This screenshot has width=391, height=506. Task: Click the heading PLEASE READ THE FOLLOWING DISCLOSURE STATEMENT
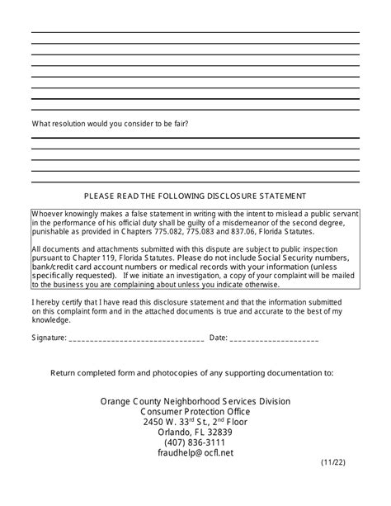195,196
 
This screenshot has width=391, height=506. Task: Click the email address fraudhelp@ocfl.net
195,452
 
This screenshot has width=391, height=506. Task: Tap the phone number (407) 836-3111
195,442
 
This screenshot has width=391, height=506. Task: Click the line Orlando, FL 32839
195,432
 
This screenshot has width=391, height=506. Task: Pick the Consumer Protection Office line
195,411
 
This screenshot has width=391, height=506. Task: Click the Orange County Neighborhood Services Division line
195,401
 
